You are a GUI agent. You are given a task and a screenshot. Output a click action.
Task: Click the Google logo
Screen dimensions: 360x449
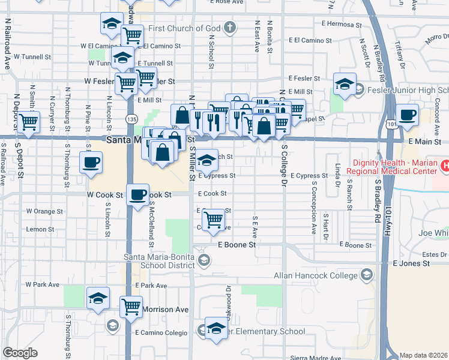(20, 353)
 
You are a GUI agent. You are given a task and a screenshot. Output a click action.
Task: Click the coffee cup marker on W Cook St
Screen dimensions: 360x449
(138, 195)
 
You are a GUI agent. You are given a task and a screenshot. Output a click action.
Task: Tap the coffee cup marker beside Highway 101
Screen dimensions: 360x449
(408, 115)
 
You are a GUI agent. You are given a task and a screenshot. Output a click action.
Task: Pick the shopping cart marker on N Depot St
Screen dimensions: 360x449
(28, 123)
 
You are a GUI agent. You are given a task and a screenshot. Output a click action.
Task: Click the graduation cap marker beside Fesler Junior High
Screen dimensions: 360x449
(345, 85)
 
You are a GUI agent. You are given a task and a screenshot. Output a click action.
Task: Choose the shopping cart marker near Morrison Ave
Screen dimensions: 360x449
(131, 307)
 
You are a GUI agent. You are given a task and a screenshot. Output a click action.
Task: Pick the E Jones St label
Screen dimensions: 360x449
(412, 263)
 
